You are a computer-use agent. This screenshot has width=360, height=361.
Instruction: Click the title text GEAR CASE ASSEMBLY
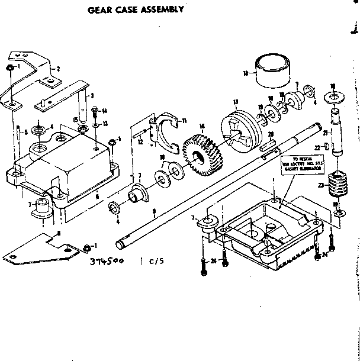tap(136, 9)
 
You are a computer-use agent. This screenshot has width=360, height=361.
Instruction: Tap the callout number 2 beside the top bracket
tap(59, 69)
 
